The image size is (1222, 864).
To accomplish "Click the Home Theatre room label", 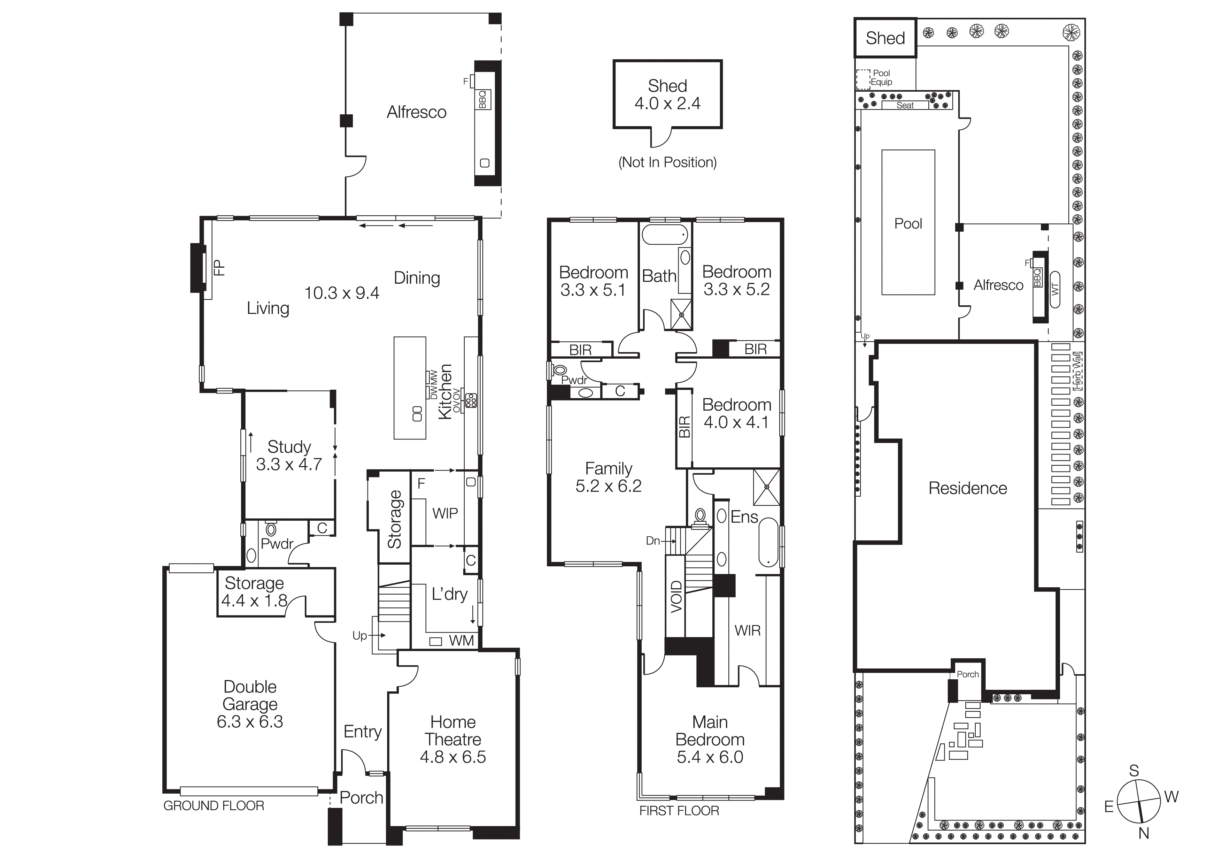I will tap(453, 731).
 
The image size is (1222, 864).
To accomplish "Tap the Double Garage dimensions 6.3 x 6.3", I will tap(250, 721).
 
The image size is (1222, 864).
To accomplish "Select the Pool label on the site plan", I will tap(908, 224).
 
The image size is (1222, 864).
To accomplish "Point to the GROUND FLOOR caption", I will tap(214, 806).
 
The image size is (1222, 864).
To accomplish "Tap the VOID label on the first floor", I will tap(676, 597).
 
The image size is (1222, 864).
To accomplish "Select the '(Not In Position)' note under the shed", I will tap(667, 162).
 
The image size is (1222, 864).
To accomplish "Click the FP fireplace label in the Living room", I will tap(219, 267).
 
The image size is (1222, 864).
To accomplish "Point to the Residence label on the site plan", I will tap(968, 488).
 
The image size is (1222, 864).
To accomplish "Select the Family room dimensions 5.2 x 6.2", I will tap(608, 485).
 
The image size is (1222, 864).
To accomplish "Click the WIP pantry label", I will tap(445, 513).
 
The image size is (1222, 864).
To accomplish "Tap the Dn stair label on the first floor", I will tap(653, 541).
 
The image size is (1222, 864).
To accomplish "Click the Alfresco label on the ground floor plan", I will tap(416, 112).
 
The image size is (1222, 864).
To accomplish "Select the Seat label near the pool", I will tap(905, 105).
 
